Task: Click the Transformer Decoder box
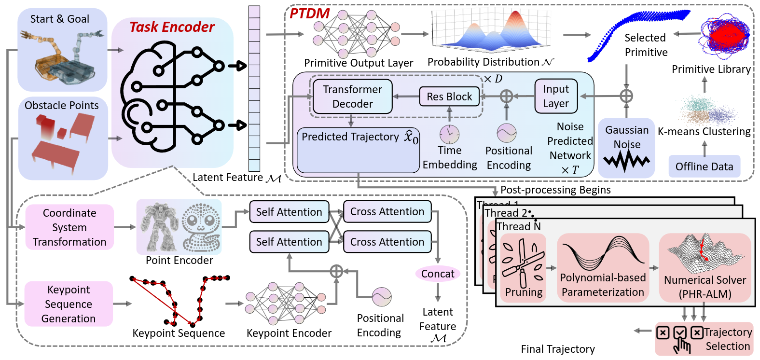point(352,97)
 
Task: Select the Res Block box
point(449,97)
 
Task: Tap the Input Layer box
point(556,96)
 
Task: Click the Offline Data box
point(704,166)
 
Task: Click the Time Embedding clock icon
point(449,134)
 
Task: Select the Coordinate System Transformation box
point(69,227)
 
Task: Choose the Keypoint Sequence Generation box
point(69,304)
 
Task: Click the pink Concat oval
point(438,274)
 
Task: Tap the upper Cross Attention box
point(387,212)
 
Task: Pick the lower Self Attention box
point(289,242)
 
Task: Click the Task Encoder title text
point(172,27)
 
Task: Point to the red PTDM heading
point(309,14)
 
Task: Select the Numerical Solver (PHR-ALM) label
point(705,287)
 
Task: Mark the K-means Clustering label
point(704,131)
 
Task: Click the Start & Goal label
point(60,19)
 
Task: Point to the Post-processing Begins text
point(555,190)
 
